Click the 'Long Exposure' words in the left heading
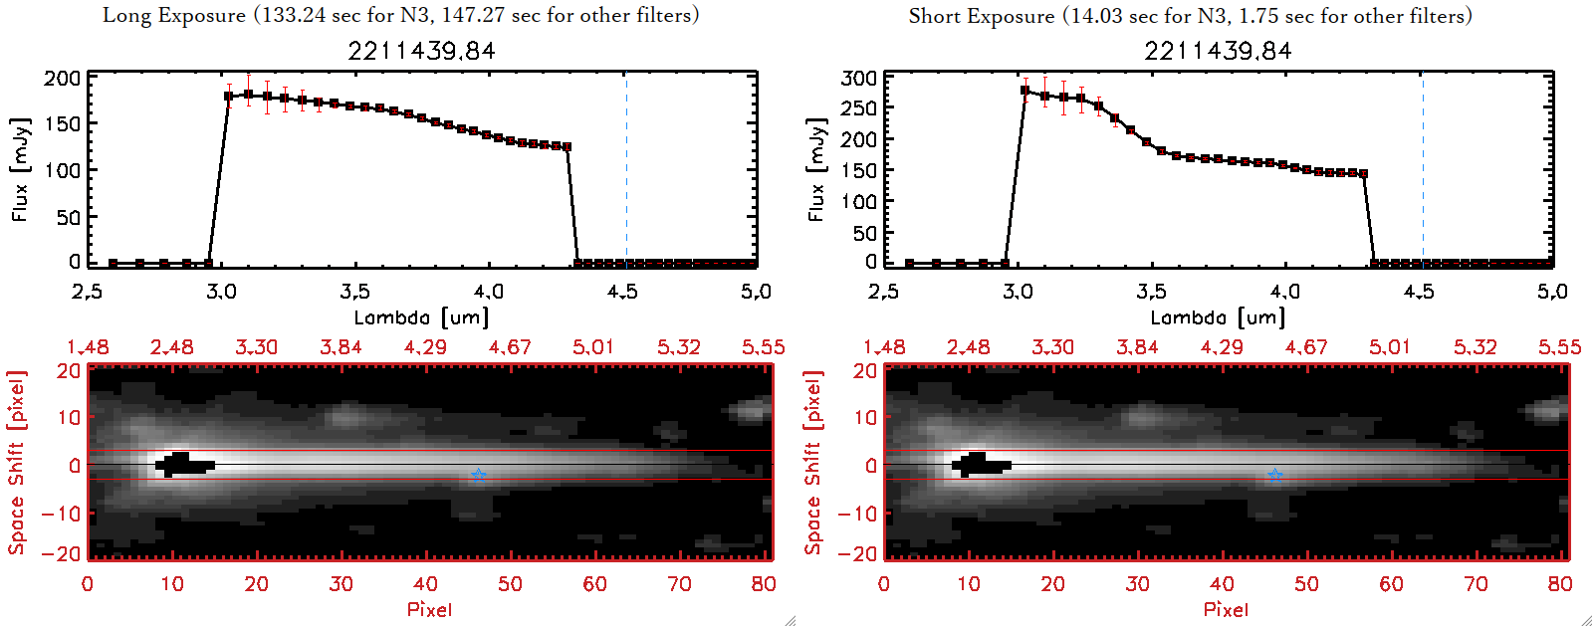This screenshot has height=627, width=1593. click(174, 15)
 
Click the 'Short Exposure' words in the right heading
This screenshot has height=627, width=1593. click(981, 16)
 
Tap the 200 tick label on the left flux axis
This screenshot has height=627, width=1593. click(63, 78)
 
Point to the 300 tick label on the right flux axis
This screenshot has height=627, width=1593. click(859, 78)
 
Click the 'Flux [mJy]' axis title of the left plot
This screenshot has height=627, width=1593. click(20, 169)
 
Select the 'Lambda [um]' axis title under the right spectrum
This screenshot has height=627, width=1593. click(1218, 317)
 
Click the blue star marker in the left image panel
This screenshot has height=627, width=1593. click(479, 476)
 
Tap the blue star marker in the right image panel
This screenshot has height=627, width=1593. click(1275, 476)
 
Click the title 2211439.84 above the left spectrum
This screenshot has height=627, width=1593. click(421, 51)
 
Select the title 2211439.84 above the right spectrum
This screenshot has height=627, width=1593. click(1218, 51)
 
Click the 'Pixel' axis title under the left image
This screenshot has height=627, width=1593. click(429, 609)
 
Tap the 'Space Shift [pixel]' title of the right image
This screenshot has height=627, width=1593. click(813, 463)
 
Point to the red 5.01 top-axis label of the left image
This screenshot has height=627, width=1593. click(593, 347)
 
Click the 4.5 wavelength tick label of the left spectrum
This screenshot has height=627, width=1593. click(622, 292)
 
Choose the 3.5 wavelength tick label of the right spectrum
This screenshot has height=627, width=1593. click(1151, 292)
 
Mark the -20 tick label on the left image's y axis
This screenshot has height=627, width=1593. click(62, 553)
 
